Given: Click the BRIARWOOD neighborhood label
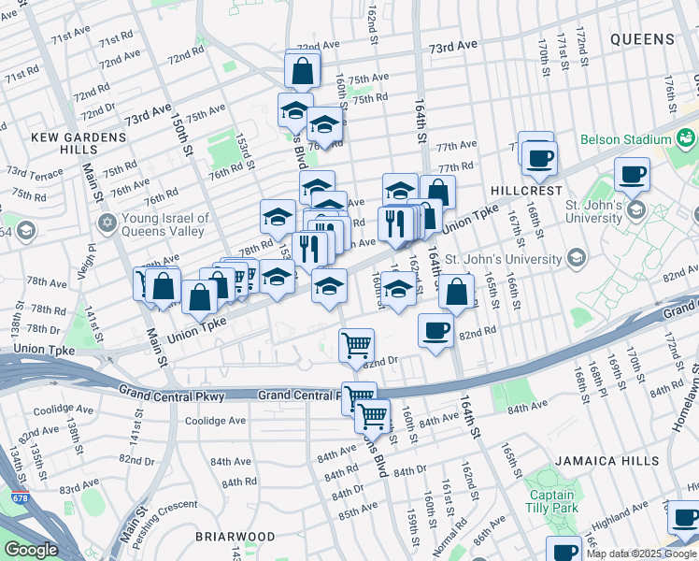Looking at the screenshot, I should [235, 537].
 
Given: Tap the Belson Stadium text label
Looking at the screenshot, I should [625, 139].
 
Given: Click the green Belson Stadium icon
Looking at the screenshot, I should [687, 138].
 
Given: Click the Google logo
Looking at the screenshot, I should [31, 550].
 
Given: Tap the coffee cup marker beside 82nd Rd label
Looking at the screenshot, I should [435, 332].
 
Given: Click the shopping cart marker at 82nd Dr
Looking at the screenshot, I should [356, 345].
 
